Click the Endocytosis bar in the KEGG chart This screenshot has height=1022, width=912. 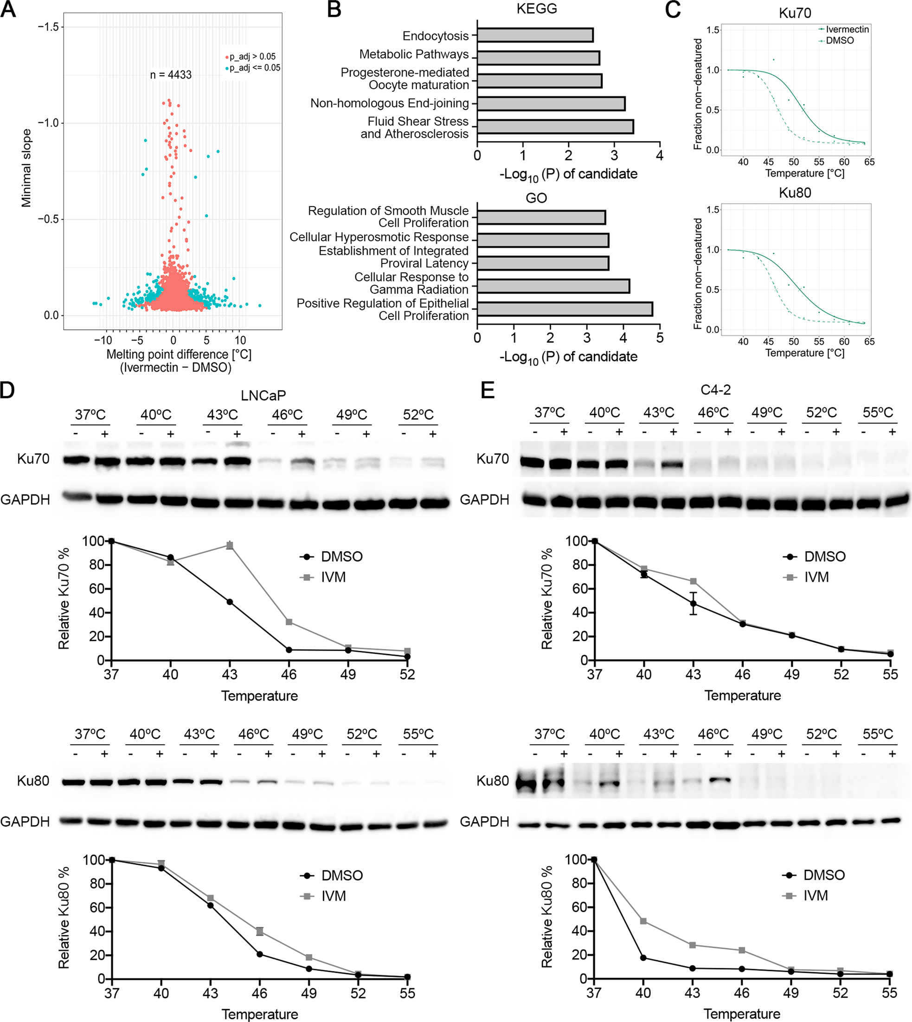click(x=535, y=35)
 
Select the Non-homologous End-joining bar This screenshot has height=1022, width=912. click(x=551, y=104)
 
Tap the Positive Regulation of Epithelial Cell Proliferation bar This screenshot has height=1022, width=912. click(x=564, y=309)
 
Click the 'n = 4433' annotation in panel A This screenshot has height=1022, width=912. click(x=171, y=75)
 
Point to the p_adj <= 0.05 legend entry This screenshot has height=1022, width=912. click(x=254, y=68)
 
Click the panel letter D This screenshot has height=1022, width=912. click(x=7, y=391)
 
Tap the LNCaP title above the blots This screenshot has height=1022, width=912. click(x=263, y=395)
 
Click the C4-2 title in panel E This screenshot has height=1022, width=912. click(x=716, y=389)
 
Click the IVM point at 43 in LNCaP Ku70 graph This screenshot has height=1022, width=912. click(x=230, y=546)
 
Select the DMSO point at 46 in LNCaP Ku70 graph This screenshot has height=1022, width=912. click(x=289, y=650)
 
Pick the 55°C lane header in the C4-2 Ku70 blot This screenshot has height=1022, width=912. click(x=877, y=412)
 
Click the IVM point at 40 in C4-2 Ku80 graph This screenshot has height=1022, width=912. click(x=643, y=921)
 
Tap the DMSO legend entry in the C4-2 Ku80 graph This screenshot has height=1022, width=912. click(x=823, y=875)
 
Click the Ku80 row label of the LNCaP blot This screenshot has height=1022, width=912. click(x=33, y=781)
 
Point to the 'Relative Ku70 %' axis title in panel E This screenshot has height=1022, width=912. click(x=547, y=599)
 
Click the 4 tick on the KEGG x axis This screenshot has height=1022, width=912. click(x=660, y=156)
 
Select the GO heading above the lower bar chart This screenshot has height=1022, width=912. click(x=536, y=198)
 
